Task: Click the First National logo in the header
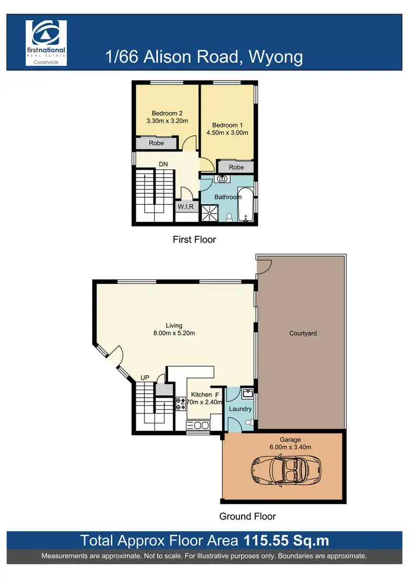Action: [46, 43]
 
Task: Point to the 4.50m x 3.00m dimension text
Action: [227, 132]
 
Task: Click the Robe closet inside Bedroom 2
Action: [157, 143]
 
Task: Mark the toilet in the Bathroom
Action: [230, 217]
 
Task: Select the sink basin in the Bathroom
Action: [222, 178]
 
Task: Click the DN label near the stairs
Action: [163, 163]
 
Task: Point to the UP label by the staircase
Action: [145, 377]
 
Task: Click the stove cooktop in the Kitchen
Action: [181, 403]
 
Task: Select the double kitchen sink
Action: [197, 425]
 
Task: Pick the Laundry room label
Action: [240, 409]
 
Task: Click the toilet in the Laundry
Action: [248, 422]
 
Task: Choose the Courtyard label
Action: [303, 333]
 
